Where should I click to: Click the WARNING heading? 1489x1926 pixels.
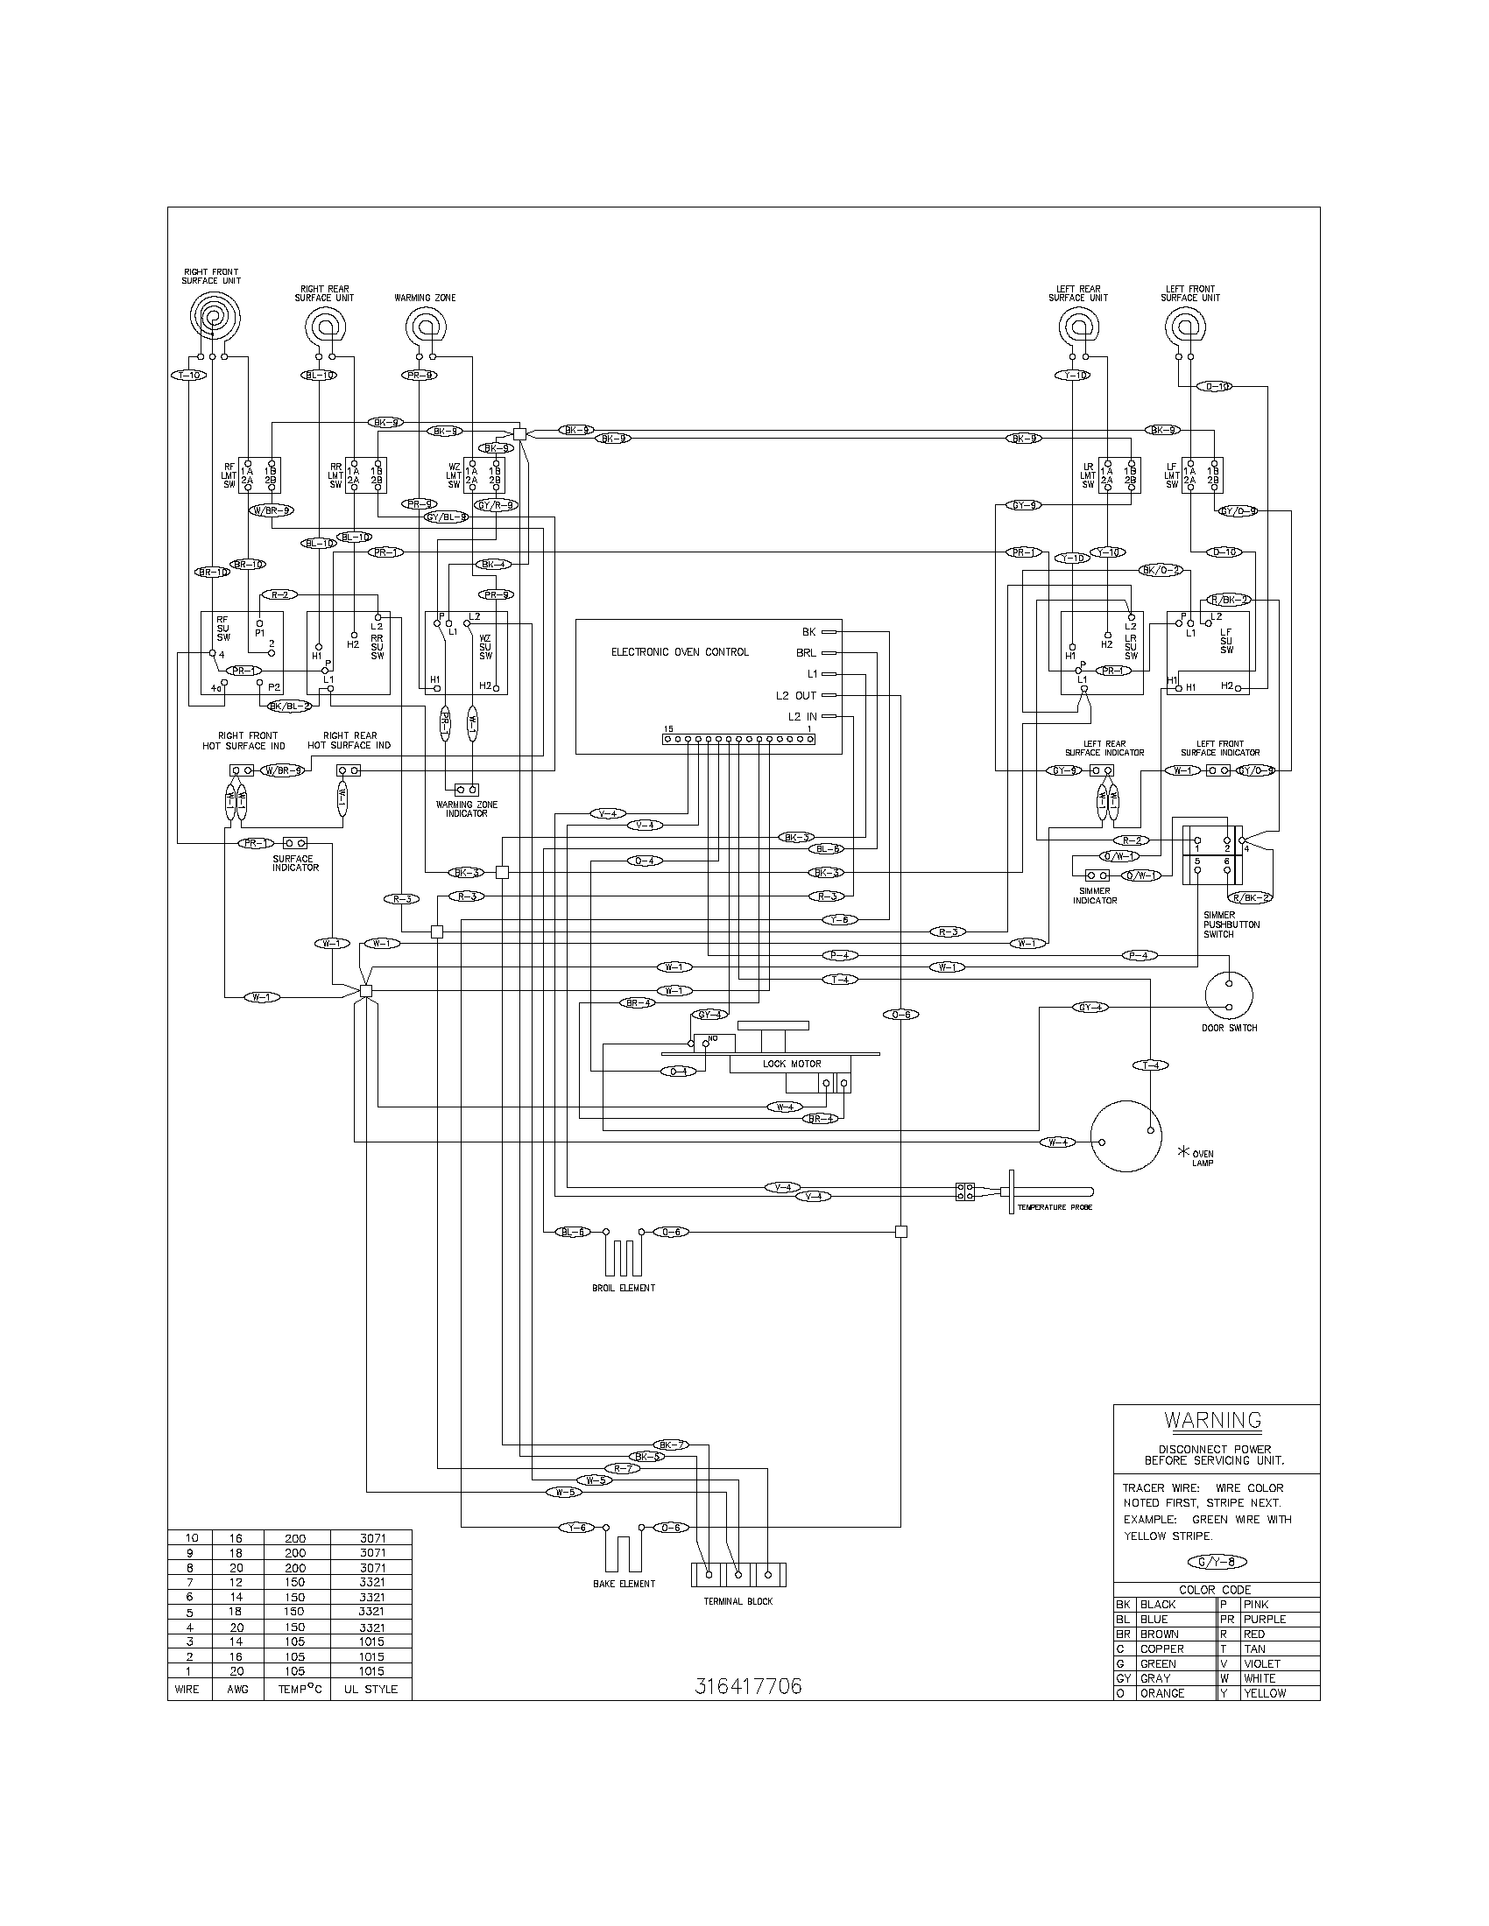point(1213,1420)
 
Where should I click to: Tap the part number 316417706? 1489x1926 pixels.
point(748,1686)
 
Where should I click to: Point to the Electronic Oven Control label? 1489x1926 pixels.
point(679,651)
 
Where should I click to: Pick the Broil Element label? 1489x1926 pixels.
point(623,1288)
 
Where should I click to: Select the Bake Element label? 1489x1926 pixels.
point(624,1584)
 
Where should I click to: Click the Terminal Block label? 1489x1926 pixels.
point(737,1600)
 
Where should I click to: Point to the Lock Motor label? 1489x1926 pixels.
point(791,1065)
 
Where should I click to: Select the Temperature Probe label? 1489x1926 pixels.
point(1054,1207)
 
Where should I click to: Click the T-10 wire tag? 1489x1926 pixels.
point(188,375)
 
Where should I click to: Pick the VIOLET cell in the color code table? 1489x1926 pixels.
point(1261,1663)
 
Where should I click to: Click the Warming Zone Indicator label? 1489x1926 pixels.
point(466,809)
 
